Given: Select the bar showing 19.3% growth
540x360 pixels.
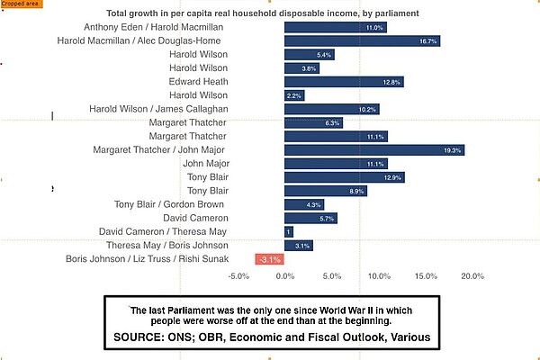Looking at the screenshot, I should pos(373,149).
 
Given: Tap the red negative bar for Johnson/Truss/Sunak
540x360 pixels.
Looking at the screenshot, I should pos(270,259).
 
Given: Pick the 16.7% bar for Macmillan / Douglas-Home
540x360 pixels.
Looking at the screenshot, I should pos(362,40).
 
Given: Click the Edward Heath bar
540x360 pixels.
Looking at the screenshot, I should pos(343,82).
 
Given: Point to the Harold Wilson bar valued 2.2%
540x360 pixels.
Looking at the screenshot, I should pos(293,95).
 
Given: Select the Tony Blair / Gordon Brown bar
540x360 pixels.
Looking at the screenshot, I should pos(303,204).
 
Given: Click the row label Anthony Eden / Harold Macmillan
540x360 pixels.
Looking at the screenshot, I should pos(154,27).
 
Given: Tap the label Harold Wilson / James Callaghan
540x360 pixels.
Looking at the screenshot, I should pos(158,109).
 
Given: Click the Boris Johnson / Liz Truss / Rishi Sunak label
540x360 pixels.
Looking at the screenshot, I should pos(147,259).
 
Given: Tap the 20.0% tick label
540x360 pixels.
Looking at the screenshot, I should pos(472,276).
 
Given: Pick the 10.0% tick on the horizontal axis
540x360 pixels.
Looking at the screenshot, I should pos(378,276).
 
